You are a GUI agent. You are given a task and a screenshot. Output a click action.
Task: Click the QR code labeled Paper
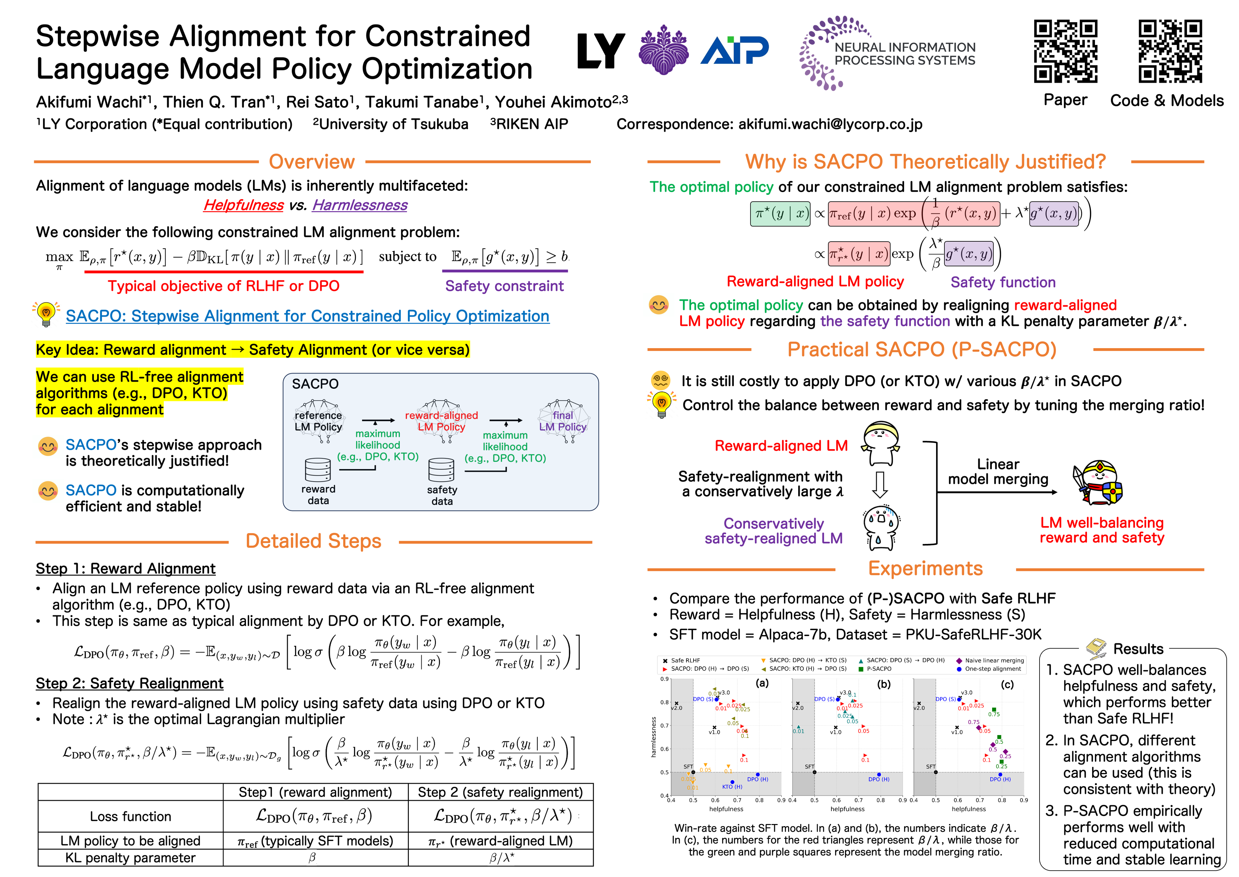pos(1065,51)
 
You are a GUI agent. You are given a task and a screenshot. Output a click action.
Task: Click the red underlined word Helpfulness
pos(243,205)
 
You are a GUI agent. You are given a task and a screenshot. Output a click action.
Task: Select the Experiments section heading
pos(925,569)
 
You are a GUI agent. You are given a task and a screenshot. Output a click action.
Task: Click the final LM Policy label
pos(563,421)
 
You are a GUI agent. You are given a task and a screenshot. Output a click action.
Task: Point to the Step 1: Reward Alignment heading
pos(125,569)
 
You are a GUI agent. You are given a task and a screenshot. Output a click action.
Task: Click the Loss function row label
pos(131,817)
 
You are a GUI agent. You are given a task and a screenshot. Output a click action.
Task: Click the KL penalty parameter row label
pos(131,858)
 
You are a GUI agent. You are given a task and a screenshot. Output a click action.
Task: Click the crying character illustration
pos(881,527)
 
